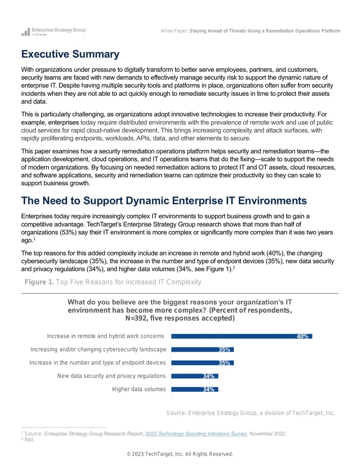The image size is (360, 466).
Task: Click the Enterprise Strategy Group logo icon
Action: pyautogui.click(x=26, y=32)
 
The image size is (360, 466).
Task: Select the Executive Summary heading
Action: pyautogui.click(x=70, y=54)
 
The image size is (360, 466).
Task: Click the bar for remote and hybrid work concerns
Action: pyautogui.click(x=242, y=336)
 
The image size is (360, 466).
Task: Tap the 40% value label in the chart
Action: pyautogui.click(x=302, y=336)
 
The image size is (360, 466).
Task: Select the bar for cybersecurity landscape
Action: pyautogui.click(x=202, y=349)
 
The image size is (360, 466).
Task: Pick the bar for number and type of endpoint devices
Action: pyautogui.click(x=202, y=363)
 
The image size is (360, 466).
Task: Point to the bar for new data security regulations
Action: pyautogui.click(x=195, y=376)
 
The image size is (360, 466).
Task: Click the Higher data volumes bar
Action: pyautogui.click(x=195, y=389)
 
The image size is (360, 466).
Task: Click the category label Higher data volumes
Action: pyautogui.click(x=139, y=389)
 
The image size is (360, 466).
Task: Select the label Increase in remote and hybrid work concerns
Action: pyautogui.click(x=105, y=336)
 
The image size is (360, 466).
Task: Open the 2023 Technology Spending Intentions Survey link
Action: pyautogui.click(x=196, y=434)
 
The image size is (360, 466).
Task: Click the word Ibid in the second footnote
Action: pyautogui.click(x=29, y=439)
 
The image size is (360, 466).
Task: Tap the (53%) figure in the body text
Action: pyautogui.click(x=68, y=232)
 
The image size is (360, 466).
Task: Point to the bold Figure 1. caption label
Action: pyautogui.click(x=39, y=282)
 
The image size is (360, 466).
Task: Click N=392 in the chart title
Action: pyautogui.click(x=136, y=318)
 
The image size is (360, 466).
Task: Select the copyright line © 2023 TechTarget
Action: pyautogui.click(x=180, y=454)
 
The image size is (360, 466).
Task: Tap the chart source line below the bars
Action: pyautogui.click(x=251, y=413)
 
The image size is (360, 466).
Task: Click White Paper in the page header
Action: pyautogui.click(x=174, y=31)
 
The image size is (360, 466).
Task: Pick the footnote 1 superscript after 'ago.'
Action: pyautogui.click(x=35, y=239)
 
